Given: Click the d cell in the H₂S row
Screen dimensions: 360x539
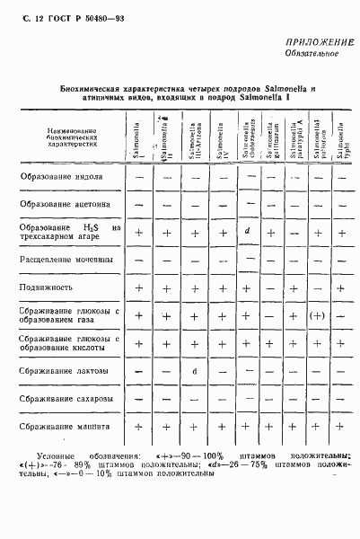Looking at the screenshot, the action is [246, 233].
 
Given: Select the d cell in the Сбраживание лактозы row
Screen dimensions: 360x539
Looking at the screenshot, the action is [193, 370].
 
